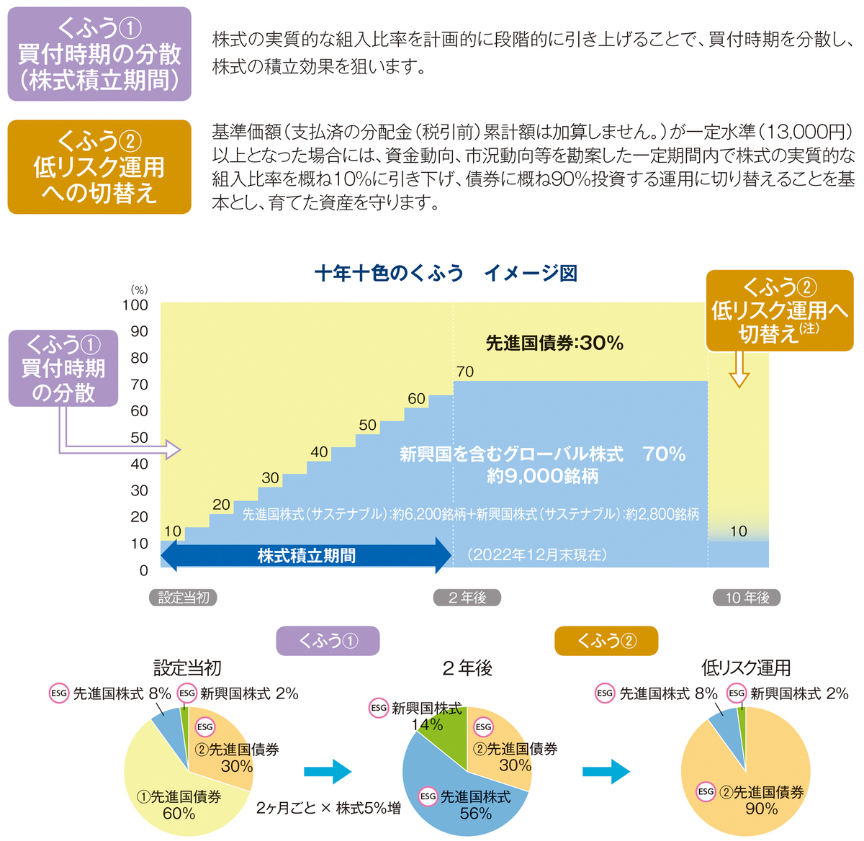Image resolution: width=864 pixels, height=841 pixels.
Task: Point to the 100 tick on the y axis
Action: [135, 305]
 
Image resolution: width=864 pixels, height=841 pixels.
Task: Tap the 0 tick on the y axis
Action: [143, 570]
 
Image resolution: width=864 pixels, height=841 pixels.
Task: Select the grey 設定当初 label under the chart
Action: [183, 597]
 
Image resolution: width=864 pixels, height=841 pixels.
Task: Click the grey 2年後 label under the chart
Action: [467, 597]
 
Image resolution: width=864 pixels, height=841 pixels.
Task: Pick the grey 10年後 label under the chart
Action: [747, 597]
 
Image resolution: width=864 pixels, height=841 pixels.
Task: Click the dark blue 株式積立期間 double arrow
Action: [306, 555]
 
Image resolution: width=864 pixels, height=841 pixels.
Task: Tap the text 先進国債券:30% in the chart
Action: [554, 343]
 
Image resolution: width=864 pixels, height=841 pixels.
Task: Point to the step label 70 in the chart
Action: [465, 372]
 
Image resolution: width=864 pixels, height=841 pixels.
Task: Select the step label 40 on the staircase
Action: [319, 452]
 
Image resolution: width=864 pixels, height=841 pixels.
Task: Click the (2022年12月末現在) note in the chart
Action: [537, 554]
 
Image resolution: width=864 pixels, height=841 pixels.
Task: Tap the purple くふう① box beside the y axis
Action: [63, 368]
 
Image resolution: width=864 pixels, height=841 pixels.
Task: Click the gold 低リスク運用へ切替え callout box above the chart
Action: [780, 310]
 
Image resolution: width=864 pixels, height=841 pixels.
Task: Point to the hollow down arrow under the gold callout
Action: [739, 369]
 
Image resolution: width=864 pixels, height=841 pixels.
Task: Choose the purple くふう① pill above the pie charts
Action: [328, 641]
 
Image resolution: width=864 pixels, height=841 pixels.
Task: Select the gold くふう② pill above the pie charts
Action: [606, 641]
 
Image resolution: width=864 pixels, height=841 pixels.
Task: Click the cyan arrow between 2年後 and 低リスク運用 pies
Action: [606, 771]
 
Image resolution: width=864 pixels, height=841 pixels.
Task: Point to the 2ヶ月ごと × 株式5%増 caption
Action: [328, 808]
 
